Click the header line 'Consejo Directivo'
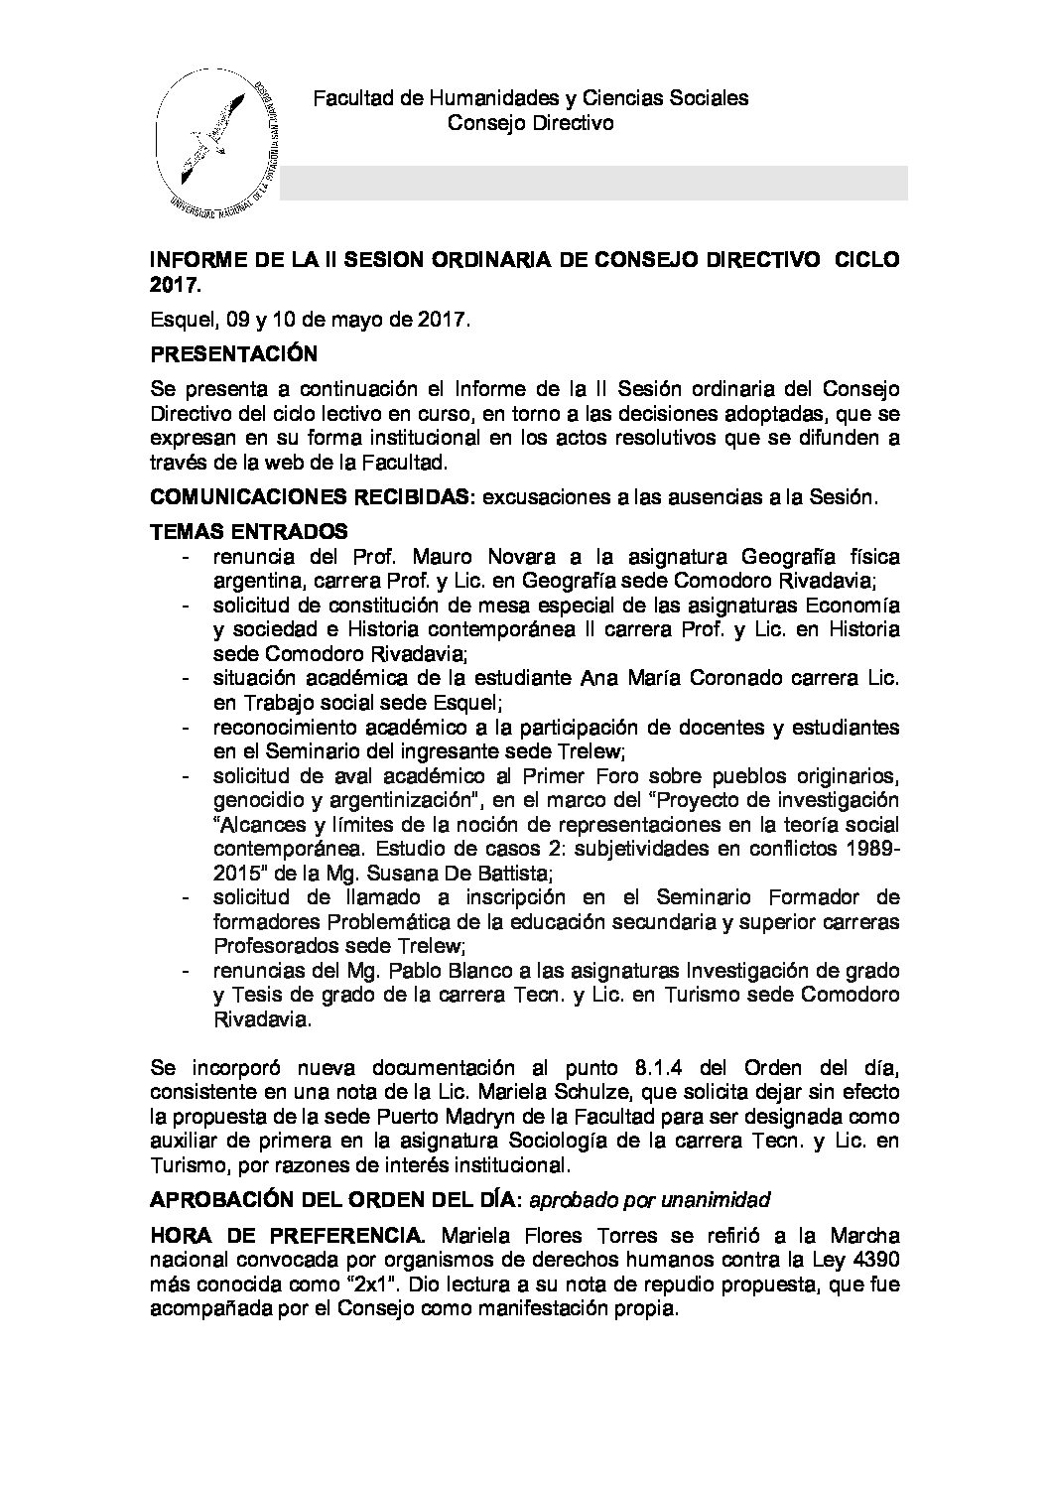pos(530,123)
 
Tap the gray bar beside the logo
pos(593,184)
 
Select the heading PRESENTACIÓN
pos(233,353)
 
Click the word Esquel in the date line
pos(176,321)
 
